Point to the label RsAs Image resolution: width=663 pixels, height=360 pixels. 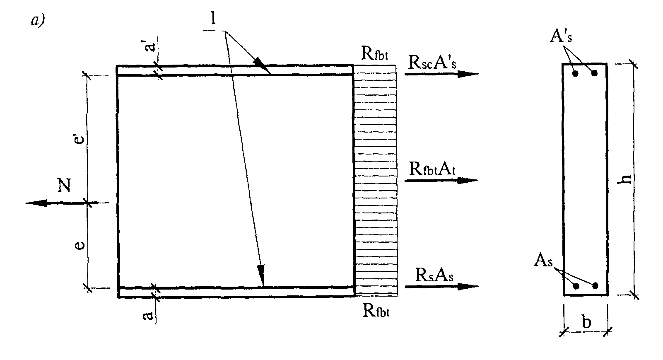pos(434,275)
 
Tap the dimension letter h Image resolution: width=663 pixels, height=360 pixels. pos(627,178)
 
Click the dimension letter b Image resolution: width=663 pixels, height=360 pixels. pos(586,322)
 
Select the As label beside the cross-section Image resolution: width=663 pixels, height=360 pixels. pos(543,261)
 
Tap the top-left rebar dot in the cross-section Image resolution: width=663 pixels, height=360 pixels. pos(575,74)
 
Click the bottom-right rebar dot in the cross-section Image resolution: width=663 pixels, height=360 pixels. pos(595,286)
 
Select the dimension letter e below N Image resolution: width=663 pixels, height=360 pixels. pos(82,246)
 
